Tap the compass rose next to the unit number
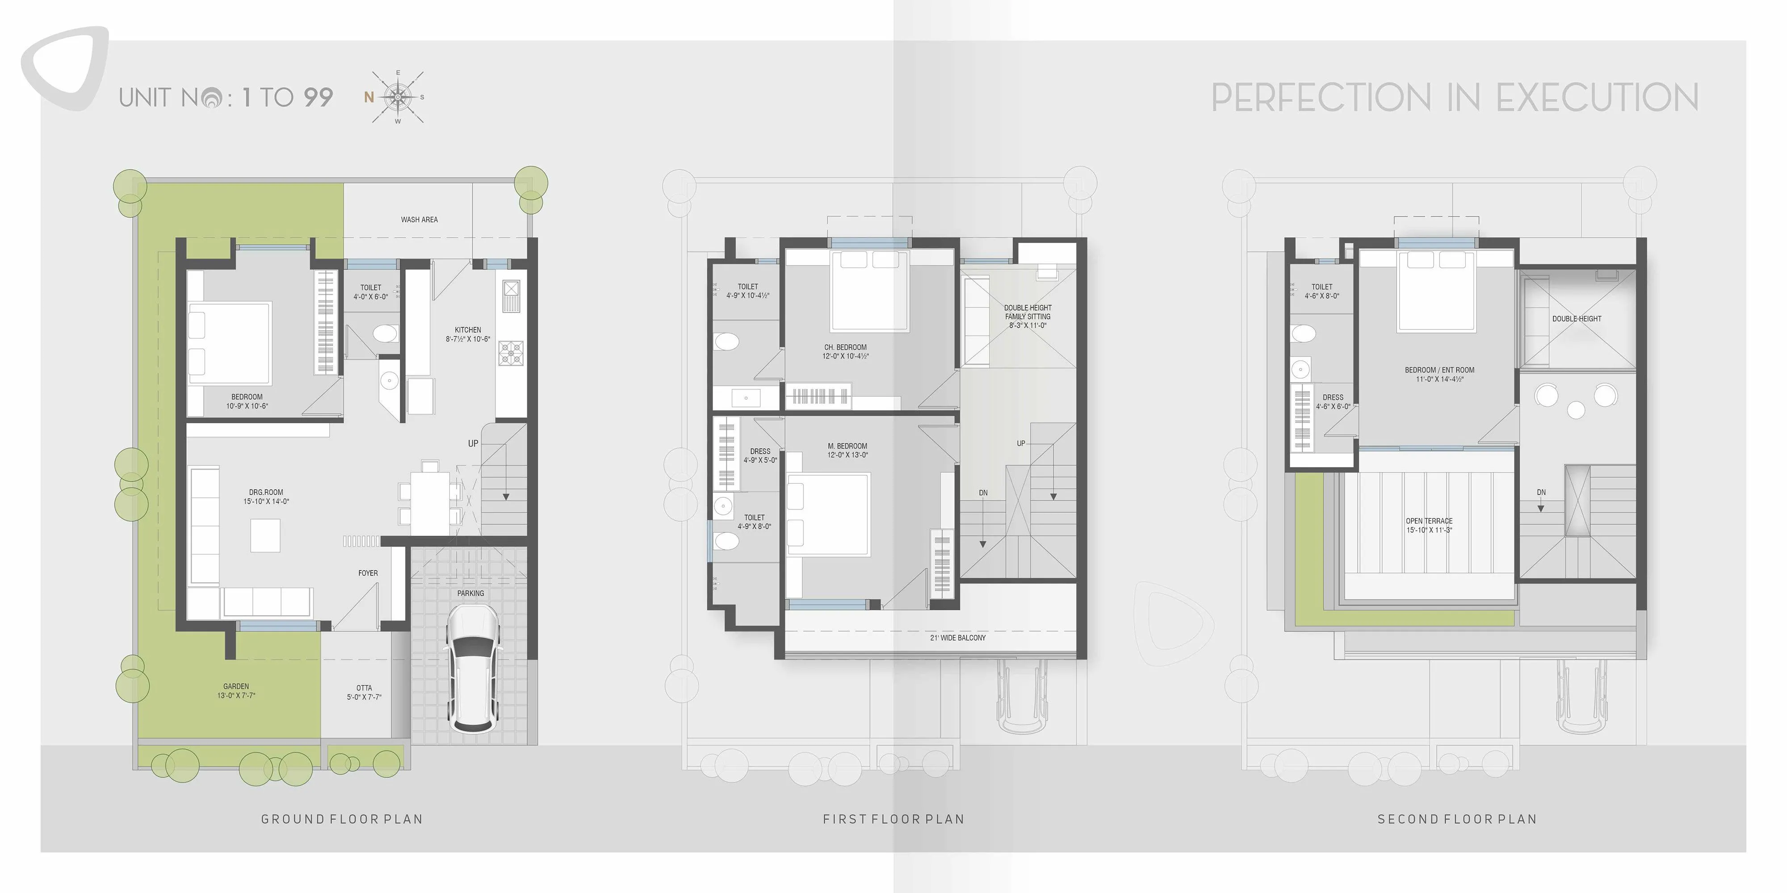coord(398,97)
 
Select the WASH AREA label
coord(419,220)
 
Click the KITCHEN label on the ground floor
coord(468,330)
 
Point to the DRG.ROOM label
coord(266,492)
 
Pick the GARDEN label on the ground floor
coord(236,686)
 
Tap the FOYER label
coord(368,573)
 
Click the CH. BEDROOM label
coord(845,347)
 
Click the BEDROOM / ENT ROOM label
coord(1439,370)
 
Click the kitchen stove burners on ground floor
coord(511,353)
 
